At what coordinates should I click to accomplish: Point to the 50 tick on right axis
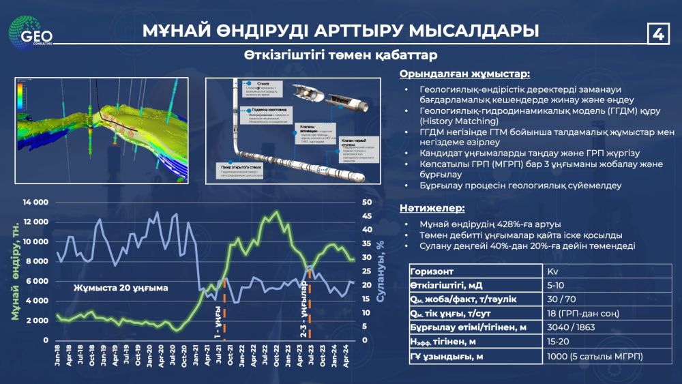click(x=366, y=203)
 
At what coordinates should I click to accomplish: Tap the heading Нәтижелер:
click(x=432, y=207)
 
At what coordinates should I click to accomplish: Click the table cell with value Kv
click(x=552, y=271)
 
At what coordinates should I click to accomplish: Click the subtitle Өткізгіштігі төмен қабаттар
click(x=341, y=55)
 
